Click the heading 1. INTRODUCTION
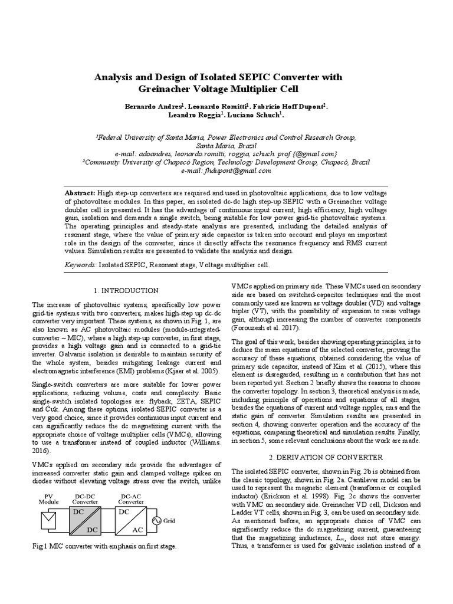[x=126, y=290]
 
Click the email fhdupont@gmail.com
[x=226, y=170]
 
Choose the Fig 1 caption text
[x=104, y=547]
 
